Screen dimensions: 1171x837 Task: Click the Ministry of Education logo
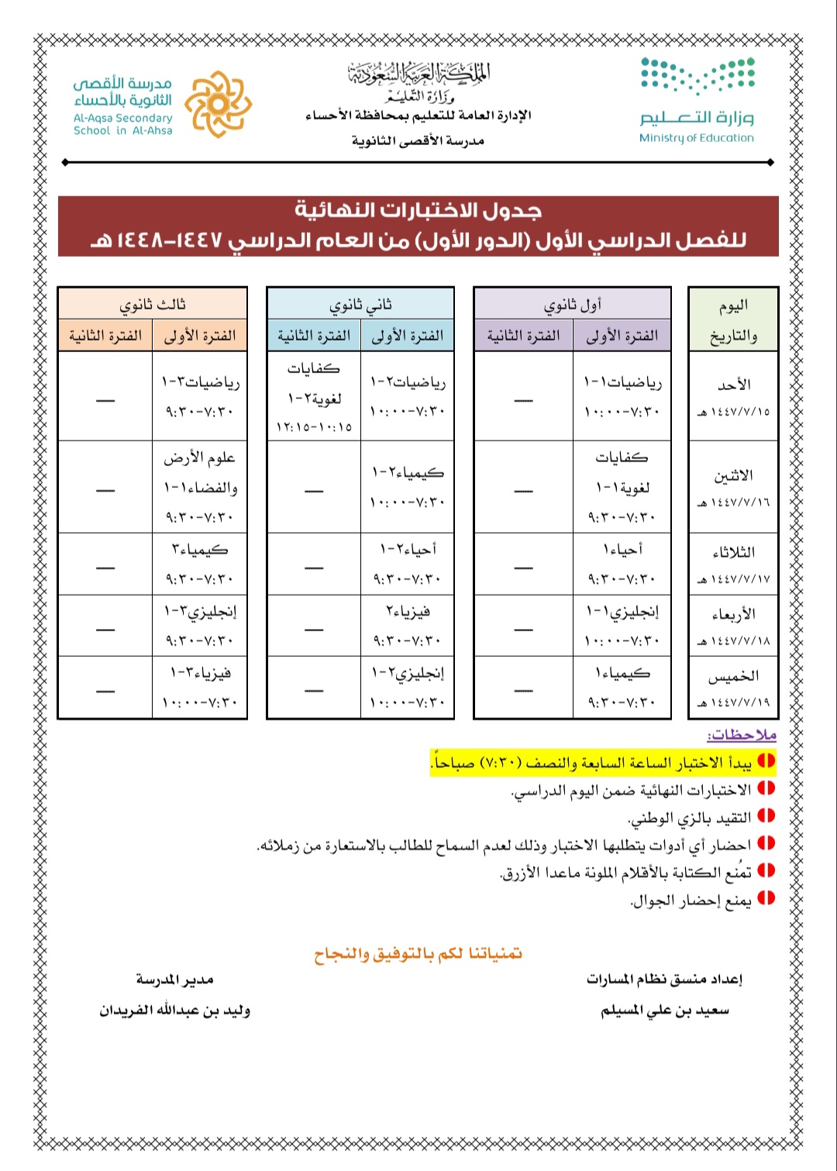(x=697, y=99)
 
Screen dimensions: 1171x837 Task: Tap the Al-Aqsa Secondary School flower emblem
(x=220, y=104)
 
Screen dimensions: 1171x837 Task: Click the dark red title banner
(x=418, y=226)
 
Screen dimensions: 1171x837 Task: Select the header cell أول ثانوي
(x=572, y=304)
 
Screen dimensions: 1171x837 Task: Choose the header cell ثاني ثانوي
(x=360, y=304)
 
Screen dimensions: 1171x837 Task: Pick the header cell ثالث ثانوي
(x=153, y=304)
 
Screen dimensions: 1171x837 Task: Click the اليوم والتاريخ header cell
(x=733, y=320)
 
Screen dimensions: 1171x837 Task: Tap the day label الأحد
(x=733, y=385)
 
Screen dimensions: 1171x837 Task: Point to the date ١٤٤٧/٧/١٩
(x=733, y=703)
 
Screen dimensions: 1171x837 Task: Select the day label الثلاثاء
(x=733, y=552)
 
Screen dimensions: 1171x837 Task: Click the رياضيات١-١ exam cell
(x=622, y=396)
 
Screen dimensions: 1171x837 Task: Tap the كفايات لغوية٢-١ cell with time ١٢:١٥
(x=314, y=396)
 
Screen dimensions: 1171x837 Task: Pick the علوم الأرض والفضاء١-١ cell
(x=200, y=486)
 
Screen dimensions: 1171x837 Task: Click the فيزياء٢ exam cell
(x=407, y=625)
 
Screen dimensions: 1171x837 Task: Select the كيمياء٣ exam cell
(x=200, y=563)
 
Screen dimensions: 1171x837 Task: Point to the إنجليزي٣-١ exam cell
(x=200, y=625)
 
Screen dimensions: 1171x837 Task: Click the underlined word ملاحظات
(x=742, y=734)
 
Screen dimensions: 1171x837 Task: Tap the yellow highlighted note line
(x=603, y=762)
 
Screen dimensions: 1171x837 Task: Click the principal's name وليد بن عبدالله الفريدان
(x=174, y=1010)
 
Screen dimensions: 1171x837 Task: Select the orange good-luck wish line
(x=418, y=953)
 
